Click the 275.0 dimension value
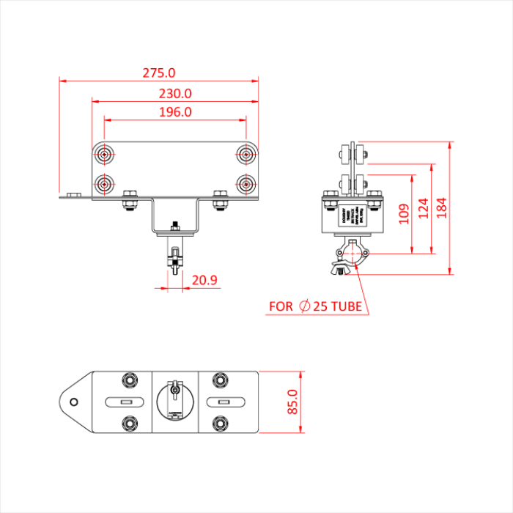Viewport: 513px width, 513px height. pyautogui.click(x=159, y=73)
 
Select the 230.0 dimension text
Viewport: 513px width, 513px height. pyautogui.click(x=175, y=94)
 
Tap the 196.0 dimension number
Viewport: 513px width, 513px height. pyautogui.click(x=175, y=112)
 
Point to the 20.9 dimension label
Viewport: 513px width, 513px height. pyautogui.click(x=205, y=280)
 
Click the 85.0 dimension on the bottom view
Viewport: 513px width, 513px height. pyautogui.click(x=292, y=402)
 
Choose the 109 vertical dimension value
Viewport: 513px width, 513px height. pyautogui.click(x=402, y=214)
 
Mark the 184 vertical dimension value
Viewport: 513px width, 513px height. pyautogui.click(x=440, y=207)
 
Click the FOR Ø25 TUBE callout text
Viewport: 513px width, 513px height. pyautogui.click(x=315, y=306)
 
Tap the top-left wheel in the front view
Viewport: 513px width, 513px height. pyautogui.click(x=106, y=155)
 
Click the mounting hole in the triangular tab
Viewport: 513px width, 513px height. pyautogui.click(x=73, y=402)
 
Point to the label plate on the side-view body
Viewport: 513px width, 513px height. pyautogui.click(x=353, y=218)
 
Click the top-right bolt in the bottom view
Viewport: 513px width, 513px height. pyautogui.click(x=219, y=380)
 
